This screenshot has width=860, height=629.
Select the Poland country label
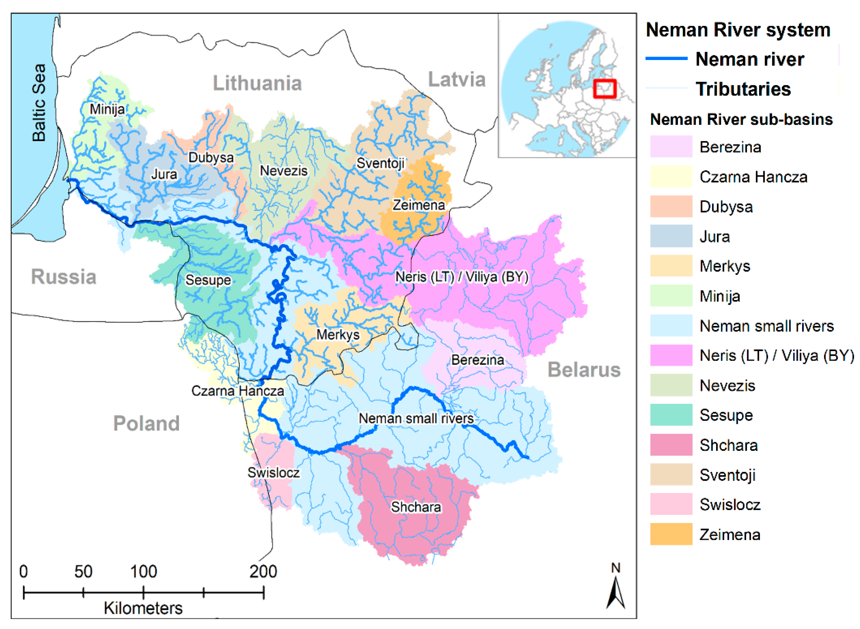pos(146,423)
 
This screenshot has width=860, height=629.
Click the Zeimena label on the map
pos(419,205)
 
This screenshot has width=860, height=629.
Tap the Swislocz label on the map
pos(273,473)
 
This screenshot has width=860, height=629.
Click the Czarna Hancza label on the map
pos(238,391)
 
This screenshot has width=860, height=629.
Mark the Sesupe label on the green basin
pos(208,280)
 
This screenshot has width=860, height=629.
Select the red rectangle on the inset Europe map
pos(604,89)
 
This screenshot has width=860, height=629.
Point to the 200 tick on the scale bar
pos(264,592)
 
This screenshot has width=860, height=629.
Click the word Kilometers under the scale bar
pos(143,608)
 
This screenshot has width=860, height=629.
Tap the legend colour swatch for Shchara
pos(671,445)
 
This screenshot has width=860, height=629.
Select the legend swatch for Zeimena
pos(671,534)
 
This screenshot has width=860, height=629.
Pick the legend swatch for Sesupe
pos(671,415)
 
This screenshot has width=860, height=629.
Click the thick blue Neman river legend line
pos(666,59)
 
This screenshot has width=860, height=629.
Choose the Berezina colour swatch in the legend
pos(671,147)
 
